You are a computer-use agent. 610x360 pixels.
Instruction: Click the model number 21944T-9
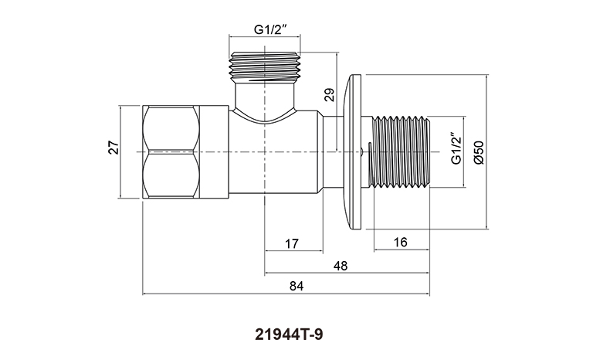point(289,335)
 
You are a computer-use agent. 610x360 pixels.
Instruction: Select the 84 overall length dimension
point(297,286)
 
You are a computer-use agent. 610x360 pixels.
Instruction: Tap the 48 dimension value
point(341,267)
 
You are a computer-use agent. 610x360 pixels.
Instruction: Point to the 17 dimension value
point(291,244)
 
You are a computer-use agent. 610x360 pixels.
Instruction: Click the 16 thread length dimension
point(400,243)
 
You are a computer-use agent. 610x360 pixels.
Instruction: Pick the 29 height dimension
point(330,95)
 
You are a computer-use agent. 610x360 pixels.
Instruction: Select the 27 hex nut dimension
point(114,148)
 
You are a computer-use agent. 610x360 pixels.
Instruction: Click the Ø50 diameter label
point(479,152)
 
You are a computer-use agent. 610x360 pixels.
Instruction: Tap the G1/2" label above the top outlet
point(270,29)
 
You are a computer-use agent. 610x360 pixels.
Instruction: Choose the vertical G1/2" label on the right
point(456,148)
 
